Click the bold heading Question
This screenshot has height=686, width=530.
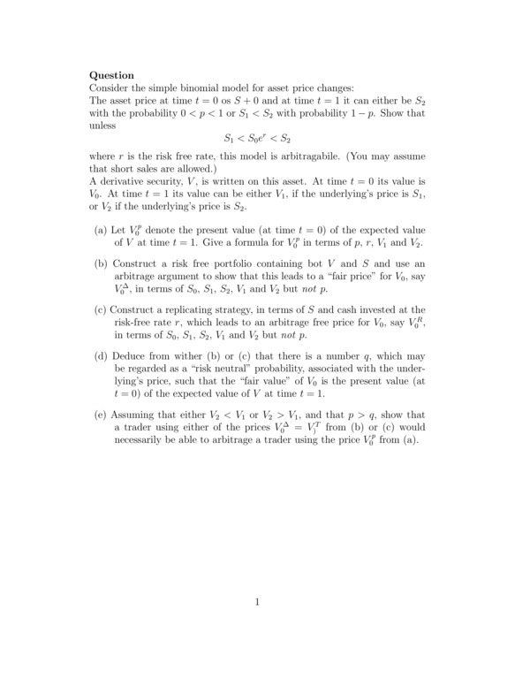click(112, 76)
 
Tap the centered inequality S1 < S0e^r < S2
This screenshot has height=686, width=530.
click(257, 139)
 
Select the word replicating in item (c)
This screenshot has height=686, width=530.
click(189, 310)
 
